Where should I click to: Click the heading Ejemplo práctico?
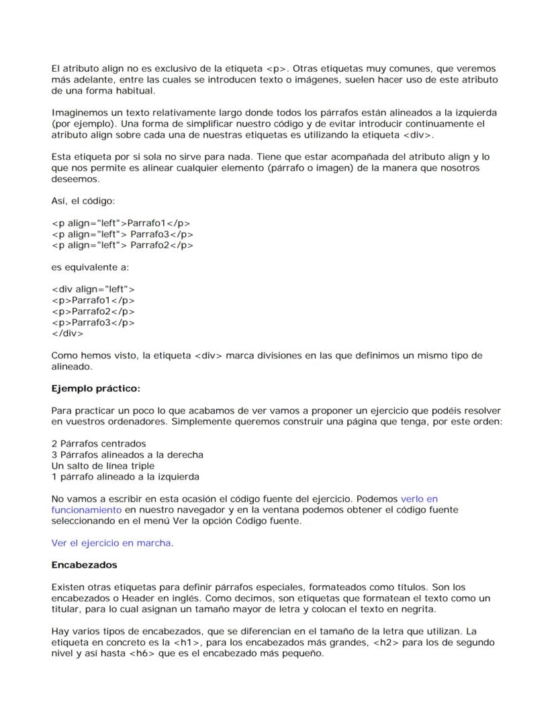pyautogui.click(x=95, y=389)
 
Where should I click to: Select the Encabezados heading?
pyautogui.click(x=84, y=565)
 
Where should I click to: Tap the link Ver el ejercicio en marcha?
pyautogui.click(x=111, y=543)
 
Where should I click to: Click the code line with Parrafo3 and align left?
pyautogui.click(x=122, y=234)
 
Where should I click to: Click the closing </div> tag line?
pyautogui.click(x=67, y=333)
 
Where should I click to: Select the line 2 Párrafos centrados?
pyautogui.click(x=99, y=444)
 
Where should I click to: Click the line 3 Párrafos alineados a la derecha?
pyautogui.click(x=128, y=454)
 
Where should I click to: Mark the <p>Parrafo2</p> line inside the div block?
pyautogui.click(x=93, y=311)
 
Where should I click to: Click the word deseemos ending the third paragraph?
pyautogui.click(x=75, y=179)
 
